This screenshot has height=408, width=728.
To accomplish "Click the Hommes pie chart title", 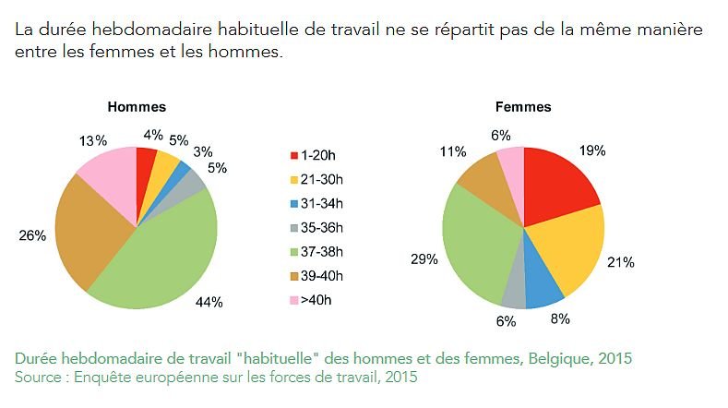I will click(137, 107).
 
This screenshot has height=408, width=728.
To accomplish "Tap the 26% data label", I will click(32, 235).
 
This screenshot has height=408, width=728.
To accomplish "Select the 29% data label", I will click(424, 260).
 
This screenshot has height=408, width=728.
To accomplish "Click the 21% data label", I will click(620, 262).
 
